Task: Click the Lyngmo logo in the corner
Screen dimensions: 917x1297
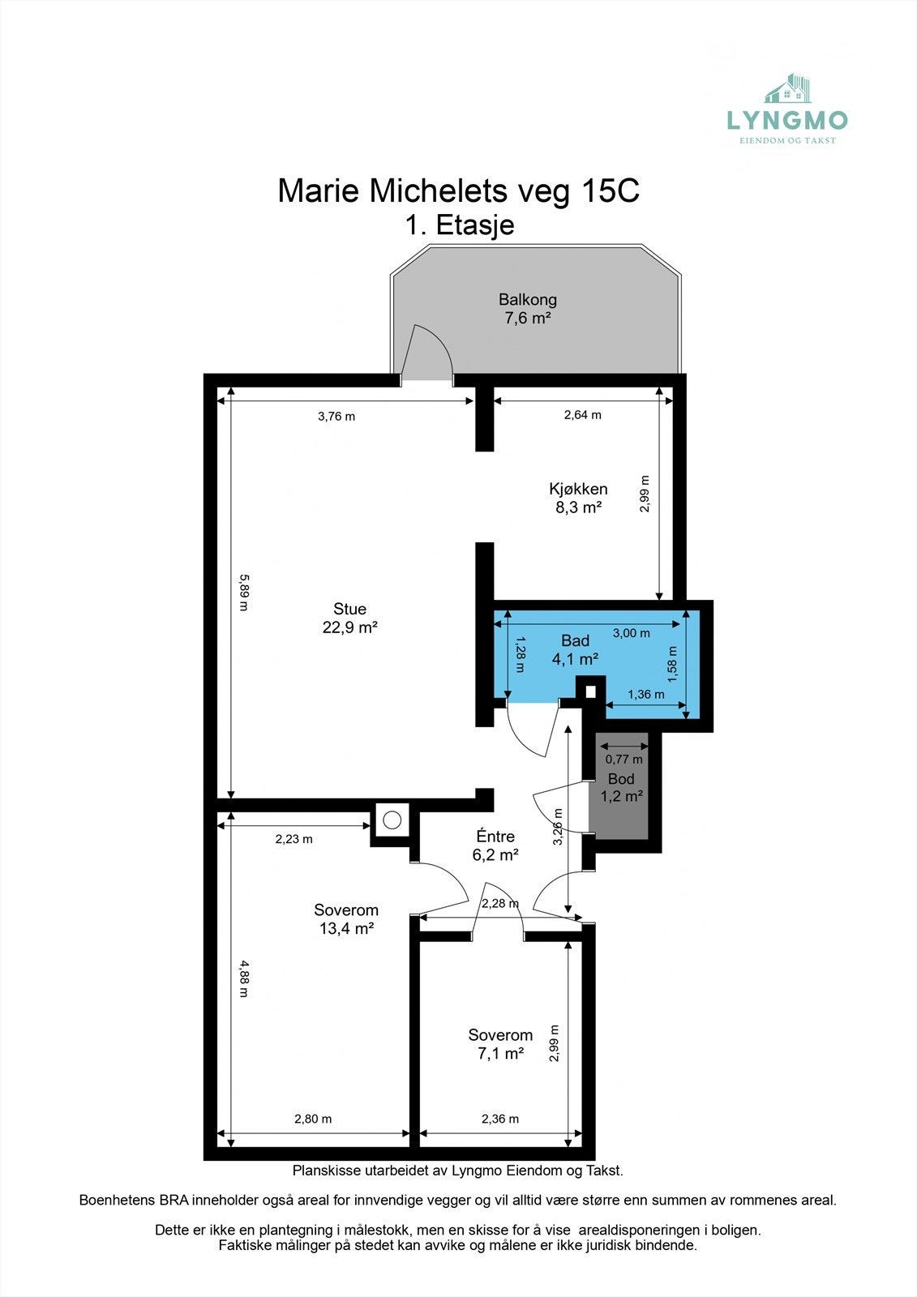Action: point(787,109)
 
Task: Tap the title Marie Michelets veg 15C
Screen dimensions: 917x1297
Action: point(459,190)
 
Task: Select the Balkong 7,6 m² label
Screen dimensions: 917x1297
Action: point(528,309)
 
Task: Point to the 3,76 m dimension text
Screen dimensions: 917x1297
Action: point(336,417)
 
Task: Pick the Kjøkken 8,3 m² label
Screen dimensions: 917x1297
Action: point(578,498)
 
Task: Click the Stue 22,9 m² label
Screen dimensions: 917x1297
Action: point(350,618)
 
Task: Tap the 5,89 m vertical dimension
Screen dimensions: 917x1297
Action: point(244,593)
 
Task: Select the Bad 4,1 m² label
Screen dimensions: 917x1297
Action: point(575,649)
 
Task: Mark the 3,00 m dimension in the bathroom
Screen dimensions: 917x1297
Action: point(632,633)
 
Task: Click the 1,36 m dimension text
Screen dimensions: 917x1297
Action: point(646,694)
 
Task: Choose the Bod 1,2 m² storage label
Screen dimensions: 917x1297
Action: point(621,787)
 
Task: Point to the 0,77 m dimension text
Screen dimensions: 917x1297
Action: point(623,759)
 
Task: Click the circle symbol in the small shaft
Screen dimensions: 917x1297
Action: point(392,820)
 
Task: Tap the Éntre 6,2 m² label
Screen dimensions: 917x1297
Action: point(495,845)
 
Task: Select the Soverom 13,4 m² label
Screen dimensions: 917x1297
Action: point(346,919)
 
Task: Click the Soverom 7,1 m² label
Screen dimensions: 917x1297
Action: point(500,1044)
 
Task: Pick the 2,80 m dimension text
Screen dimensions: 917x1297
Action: point(313,1119)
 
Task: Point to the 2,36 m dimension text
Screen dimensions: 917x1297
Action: point(500,1119)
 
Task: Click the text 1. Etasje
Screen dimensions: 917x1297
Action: point(460,225)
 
